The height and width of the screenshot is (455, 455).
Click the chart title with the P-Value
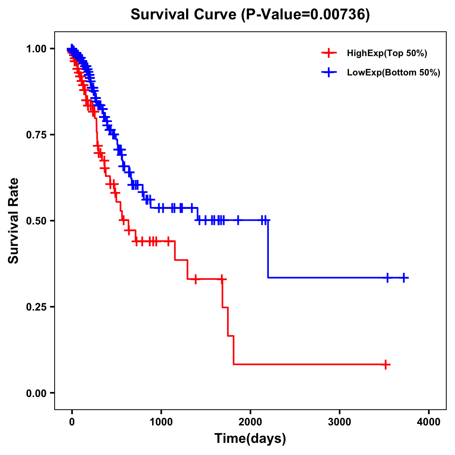(x=250, y=15)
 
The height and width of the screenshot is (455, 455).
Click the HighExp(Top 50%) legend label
(x=387, y=53)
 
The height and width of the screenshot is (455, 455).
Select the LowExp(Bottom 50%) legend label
(x=394, y=73)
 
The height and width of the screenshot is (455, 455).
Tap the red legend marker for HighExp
(x=329, y=53)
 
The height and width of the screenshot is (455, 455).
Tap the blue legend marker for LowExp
(x=329, y=72)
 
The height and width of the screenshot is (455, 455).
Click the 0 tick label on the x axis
(x=72, y=422)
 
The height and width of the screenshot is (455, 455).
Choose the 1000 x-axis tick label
(x=161, y=422)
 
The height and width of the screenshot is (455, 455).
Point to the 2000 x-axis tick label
(x=250, y=422)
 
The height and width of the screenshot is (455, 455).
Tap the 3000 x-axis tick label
(x=339, y=422)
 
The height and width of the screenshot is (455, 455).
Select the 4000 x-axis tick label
(x=429, y=422)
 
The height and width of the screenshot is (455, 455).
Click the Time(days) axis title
(x=250, y=439)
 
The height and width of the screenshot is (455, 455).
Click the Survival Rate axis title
(x=14, y=221)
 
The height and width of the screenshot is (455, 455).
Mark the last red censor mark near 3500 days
(x=386, y=365)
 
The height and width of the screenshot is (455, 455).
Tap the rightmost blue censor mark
(x=404, y=278)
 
